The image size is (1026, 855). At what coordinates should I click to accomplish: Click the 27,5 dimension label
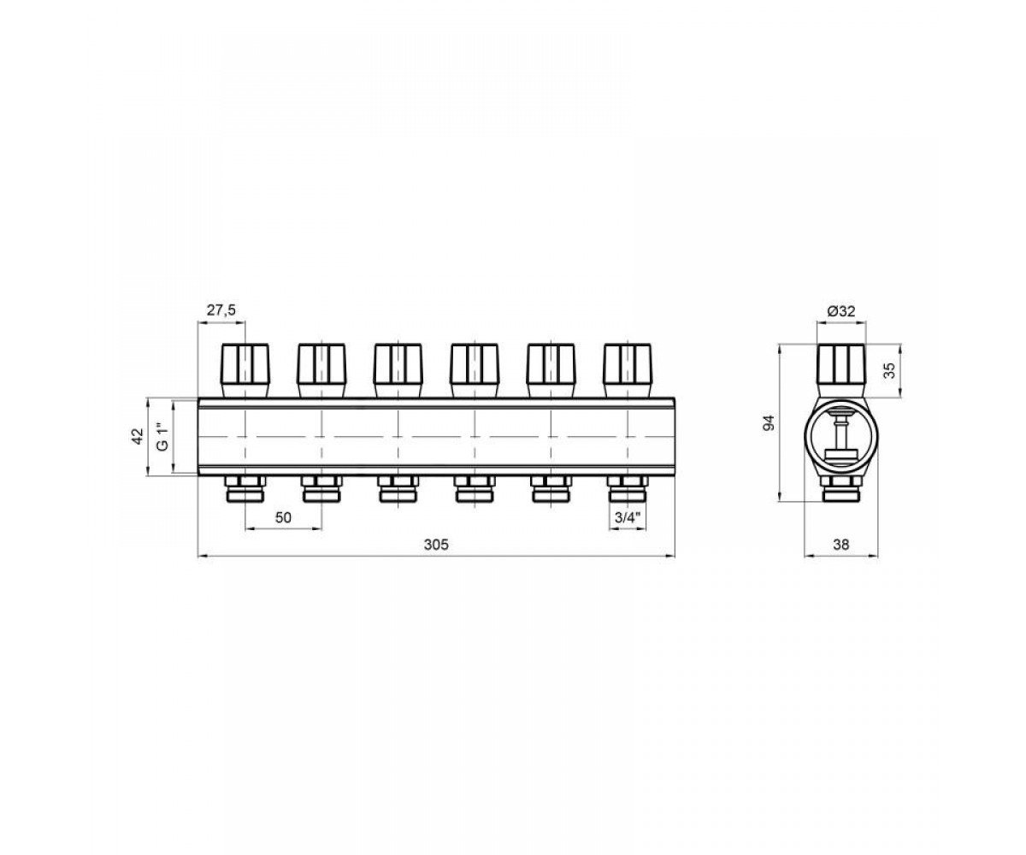(221, 310)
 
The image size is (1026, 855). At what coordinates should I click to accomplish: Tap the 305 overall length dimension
(436, 545)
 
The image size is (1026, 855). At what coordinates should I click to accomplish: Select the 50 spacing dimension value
(283, 517)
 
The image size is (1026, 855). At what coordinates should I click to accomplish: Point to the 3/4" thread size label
(628, 517)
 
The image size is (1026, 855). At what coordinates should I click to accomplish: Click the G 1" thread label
(162, 437)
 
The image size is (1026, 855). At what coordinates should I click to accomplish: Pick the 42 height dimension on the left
(139, 437)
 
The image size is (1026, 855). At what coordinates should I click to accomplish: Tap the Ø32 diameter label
(841, 311)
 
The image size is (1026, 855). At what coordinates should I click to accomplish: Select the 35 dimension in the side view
(889, 370)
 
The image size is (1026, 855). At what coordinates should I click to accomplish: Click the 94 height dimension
(768, 422)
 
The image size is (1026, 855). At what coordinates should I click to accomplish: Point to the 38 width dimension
(841, 545)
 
